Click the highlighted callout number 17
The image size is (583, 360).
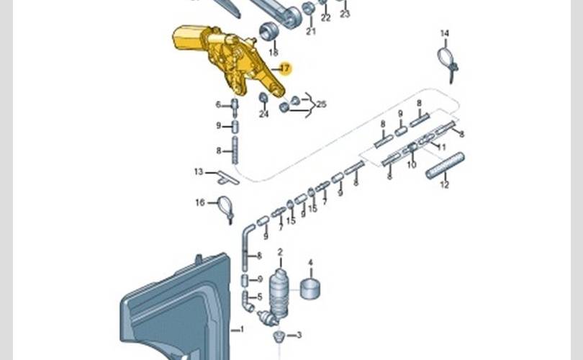(284, 69)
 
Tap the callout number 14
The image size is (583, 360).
(444, 33)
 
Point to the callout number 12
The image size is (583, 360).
(444, 185)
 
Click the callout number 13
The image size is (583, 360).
(199, 171)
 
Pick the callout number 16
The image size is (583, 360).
(200, 203)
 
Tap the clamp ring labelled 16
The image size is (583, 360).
(225, 207)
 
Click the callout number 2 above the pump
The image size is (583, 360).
(280, 252)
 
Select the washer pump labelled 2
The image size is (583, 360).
(279, 292)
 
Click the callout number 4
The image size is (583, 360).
(310, 263)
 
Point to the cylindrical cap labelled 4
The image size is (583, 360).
(310, 288)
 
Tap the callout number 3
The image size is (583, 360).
(299, 335)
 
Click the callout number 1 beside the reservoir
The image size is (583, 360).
(241, 330)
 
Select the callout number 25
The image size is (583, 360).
(321, 104)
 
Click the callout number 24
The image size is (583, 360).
(263, 114)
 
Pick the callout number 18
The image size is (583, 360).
(273, 53)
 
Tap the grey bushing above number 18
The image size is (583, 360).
(269, 32)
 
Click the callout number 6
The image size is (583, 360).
(218, 104)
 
